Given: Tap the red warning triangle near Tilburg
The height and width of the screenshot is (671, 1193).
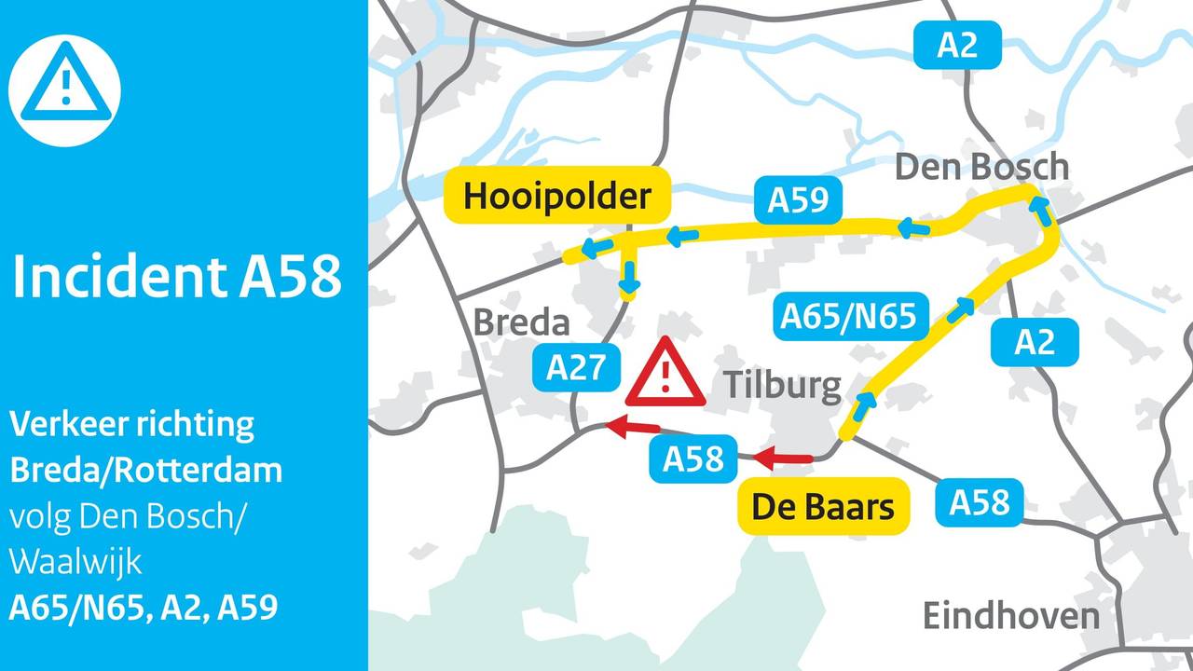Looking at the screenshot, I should point(665,375).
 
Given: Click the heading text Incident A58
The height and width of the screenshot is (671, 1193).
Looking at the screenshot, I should point(177,277).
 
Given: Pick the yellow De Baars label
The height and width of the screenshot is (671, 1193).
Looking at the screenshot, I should point(823,508).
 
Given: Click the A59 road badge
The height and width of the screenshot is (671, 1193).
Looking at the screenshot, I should point(798,200).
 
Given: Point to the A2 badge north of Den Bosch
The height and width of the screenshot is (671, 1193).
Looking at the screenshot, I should point(957,45).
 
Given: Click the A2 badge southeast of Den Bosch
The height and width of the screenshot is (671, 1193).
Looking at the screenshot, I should point(1035,342).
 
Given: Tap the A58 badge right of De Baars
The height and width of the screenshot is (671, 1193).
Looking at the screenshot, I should point(980,501).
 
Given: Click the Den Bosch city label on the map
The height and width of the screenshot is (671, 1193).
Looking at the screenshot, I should point(981,168).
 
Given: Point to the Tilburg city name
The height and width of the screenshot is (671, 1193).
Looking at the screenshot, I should point(782,384).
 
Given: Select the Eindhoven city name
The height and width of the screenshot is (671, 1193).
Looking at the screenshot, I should point(1011,616).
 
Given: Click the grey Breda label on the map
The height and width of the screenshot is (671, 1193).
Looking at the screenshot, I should point(521,322).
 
